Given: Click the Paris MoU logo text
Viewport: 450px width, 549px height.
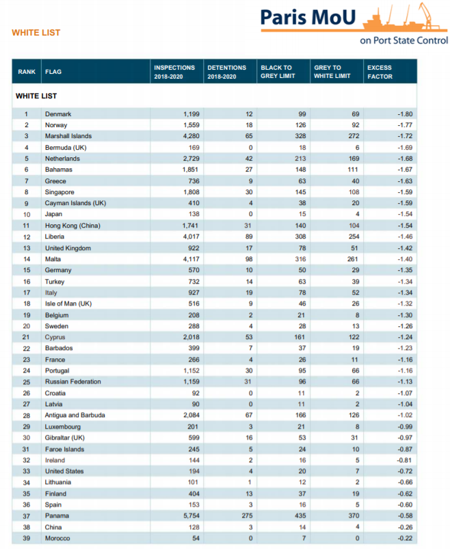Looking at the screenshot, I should [308, 18].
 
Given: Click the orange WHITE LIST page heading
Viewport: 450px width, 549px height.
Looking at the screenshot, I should [36, 33].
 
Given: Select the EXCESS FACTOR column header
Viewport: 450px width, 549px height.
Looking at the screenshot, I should [380, 72].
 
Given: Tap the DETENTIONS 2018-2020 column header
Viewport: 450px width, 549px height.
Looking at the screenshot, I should [226, 72].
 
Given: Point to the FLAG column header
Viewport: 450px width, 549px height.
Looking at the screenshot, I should [53, 72].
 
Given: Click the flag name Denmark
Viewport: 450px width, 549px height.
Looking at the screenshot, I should [58, 113].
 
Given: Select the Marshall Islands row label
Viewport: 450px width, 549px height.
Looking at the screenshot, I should [68, 136].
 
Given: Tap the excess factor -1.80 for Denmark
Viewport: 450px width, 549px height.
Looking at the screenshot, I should [404, 113].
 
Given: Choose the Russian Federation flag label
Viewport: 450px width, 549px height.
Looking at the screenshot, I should [72, 381].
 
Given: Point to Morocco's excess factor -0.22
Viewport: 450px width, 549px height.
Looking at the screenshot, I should [404, 539].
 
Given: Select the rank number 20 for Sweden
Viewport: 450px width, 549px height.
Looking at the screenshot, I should [27, 326].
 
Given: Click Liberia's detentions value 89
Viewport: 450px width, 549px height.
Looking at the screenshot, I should [248, 237].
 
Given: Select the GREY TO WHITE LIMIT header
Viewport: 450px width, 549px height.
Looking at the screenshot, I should [332, 72].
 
